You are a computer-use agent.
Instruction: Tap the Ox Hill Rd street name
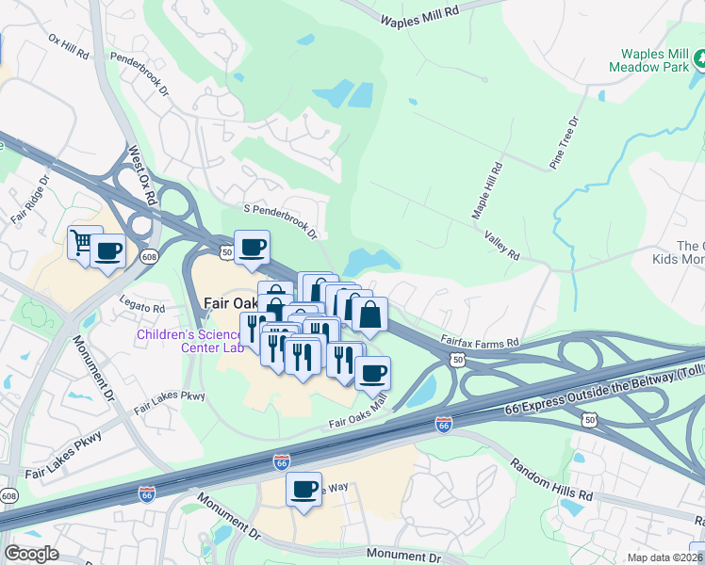[x=68, y=48]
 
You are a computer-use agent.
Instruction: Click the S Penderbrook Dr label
[x=280, y=220]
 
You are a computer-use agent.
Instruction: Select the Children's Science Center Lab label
[x=190, y=341]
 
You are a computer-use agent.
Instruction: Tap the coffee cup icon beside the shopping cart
[x=107, y=251]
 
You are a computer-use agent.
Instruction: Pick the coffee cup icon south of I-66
[x=303, y=490]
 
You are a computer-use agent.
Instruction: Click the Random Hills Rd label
[x=551, y=479]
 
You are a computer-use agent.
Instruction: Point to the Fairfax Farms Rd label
[x=480, y=342]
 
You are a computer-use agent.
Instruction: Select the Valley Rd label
[x=501, y=247]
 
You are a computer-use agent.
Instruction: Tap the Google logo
[x=31, y=554]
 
